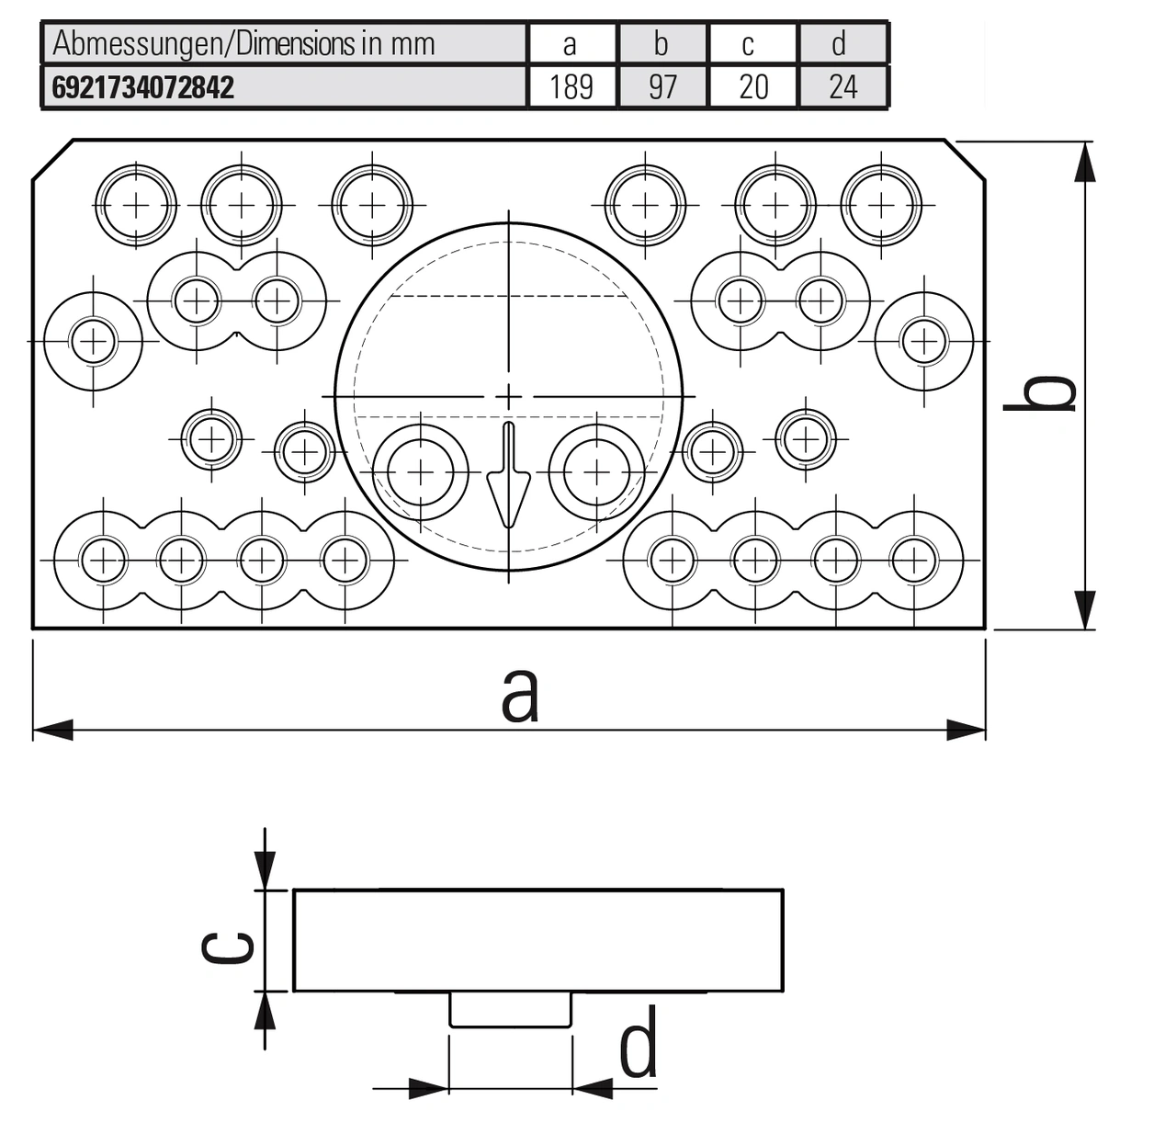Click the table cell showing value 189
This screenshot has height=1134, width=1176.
[571, 87]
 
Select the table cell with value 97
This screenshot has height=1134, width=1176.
[661, 87]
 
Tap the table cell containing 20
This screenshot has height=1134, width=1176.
[752, 87]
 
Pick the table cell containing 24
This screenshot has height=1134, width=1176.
[842, 87]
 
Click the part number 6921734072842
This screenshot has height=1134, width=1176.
[143, 87]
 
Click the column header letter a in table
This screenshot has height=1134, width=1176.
[570, 44]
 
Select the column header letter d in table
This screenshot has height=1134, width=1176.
[839, 44]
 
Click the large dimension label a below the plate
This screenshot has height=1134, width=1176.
[519, 696]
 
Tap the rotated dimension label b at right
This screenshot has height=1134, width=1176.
[1040, 393]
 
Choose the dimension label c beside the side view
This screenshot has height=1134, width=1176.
[228, 947]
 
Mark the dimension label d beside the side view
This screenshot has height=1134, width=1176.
[638, 1043]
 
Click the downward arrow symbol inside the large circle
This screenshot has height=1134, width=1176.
[508, 478]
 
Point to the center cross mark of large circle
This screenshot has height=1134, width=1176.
[508, 396]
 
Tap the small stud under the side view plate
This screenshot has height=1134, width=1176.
[510, 1009]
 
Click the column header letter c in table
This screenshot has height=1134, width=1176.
[748, 44]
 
